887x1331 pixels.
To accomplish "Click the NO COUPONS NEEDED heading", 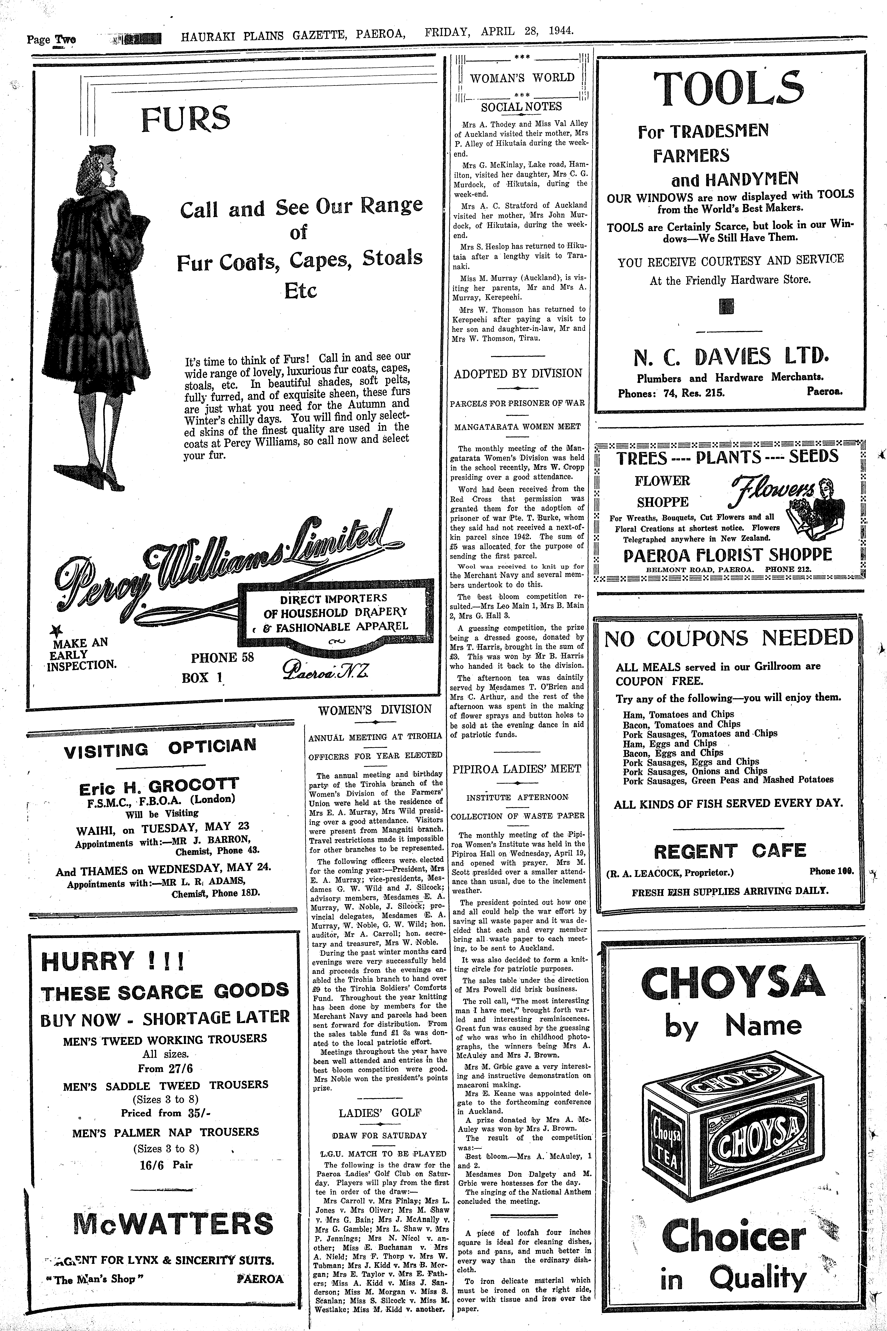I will (x=729, y=637).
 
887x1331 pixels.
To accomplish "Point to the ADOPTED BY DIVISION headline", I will (x=518, y=373).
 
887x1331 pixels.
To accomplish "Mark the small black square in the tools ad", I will (x=726, y=306).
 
